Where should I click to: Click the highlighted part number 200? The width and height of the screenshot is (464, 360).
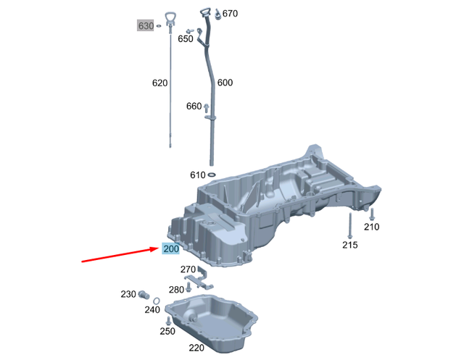coord(171,250)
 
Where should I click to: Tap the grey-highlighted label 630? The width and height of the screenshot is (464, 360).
coord(146,26)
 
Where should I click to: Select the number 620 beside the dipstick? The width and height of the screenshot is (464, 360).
coord(160,83)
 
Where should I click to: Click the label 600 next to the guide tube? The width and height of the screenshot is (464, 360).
coord(225,83)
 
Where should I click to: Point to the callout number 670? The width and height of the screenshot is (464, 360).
coord(230,14)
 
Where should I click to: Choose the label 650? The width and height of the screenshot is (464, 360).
coord(186,39)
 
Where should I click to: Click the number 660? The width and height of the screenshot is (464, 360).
coord(194,106)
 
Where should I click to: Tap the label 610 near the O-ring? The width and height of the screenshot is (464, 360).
coord(198,175)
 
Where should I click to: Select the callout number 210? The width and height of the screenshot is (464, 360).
coord(371,227)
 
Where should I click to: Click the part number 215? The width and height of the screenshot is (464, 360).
coord(350,246)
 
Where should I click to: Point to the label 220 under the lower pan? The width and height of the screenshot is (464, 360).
coord(196,348)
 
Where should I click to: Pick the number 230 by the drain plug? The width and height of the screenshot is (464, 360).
coord(128,294)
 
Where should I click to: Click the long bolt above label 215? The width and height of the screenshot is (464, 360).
coord(349,225)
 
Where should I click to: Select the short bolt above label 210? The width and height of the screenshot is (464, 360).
coord(371,213)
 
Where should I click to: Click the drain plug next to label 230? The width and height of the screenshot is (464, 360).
coord(144,295)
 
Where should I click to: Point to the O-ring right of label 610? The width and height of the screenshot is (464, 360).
coord(212,175)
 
